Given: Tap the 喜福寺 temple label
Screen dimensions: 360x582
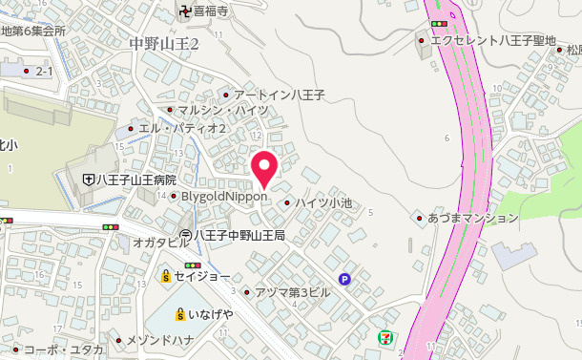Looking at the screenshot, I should tap(210, 12).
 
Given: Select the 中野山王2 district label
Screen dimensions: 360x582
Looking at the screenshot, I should tap(163, 45).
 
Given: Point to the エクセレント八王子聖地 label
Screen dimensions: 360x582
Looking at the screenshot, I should tap(492, 41).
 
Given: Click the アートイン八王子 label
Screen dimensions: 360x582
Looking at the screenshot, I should tap(279, 95).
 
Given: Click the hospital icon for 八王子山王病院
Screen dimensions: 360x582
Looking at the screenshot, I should tap(88, 180).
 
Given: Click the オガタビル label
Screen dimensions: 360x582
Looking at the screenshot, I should tap(161, 244).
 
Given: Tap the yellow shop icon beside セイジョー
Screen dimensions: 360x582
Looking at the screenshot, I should tap(165, 276).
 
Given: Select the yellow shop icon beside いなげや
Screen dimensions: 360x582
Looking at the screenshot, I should tap(179, 313).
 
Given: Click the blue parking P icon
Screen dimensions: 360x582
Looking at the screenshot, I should tap(345, 280).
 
